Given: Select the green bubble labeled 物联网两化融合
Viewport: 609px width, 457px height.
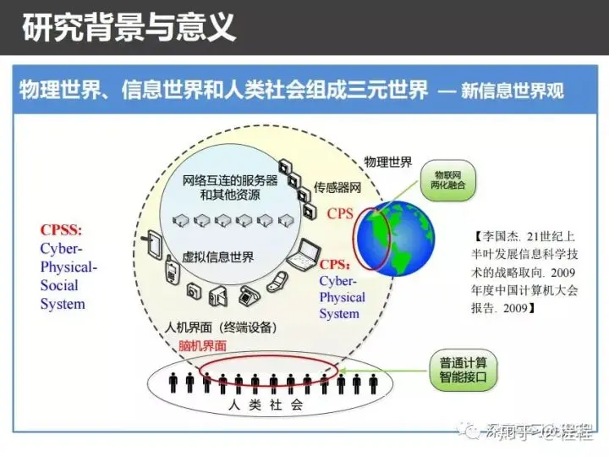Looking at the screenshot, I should coord(445,177).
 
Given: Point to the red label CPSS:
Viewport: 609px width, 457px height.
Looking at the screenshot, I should coord(60,230).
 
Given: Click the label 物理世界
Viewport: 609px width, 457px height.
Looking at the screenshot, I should coord(388,162).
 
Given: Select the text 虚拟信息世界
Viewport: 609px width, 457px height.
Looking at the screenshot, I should coord(217,256).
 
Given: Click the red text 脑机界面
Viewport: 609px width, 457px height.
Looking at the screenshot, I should coord(203,345).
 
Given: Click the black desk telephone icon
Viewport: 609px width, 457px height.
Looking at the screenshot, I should coord(249,296).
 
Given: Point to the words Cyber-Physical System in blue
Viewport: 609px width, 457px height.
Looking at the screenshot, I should coord(343,297).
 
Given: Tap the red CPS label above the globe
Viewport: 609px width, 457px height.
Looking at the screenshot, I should coord(340,214).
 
